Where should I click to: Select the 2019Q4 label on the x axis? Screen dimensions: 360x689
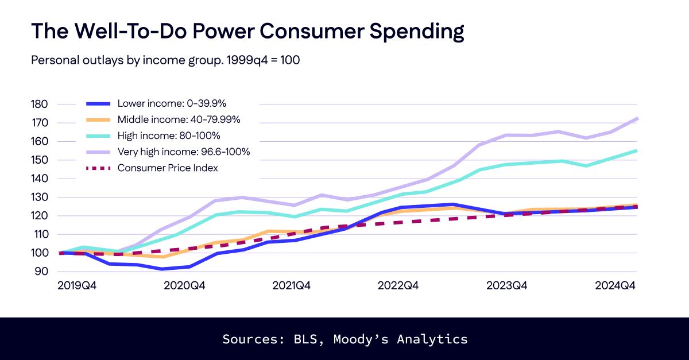click(x=77, y=286)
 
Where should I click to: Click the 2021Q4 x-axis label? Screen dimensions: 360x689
click(x=291, y=286)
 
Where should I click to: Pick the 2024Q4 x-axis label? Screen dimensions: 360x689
click(x=616, y=286)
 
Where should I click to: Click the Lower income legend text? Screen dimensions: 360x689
click(x=172, y=104)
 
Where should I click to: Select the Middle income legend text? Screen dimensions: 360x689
click(x=179, y=120)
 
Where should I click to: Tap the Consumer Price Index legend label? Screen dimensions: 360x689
click(x=167, y=168)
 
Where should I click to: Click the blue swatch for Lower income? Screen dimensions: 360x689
click(x=98, y=104)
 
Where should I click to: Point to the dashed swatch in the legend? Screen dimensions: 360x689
click(x=98, y=168)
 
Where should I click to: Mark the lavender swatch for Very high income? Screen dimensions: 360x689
click(x=98, y=152)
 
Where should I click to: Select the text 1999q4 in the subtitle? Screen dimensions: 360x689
click(x=232, y=60)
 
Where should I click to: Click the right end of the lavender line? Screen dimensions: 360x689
click(x=637, y=118)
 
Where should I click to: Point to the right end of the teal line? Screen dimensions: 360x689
click(x=637, y=150)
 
